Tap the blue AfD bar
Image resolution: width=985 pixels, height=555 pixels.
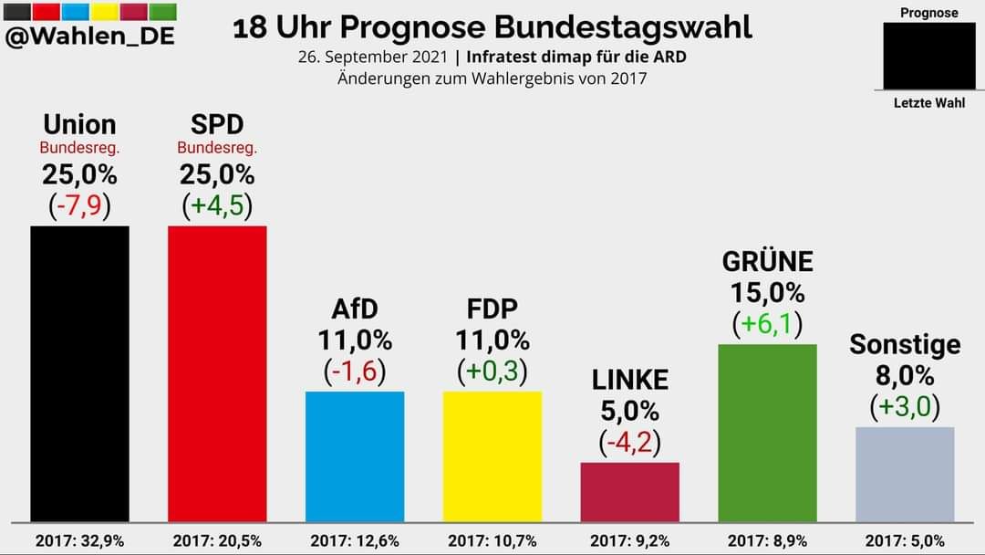[x=355, y=456]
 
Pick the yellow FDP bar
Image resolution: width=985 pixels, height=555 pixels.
[x=493, y=456]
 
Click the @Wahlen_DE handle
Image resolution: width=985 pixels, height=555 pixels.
[x=90, y=37]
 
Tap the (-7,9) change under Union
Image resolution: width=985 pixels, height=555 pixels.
[x=79, y=205]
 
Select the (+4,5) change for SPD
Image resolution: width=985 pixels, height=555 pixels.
[x=217, y=205]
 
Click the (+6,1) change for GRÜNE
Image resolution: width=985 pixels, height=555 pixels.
[x=768, y=324]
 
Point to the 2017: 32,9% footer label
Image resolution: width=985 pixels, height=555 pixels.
[x=79, y=540]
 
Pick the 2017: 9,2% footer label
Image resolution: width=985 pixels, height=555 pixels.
[x=630, y=540]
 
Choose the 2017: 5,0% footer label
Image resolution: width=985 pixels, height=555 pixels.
[x=905, y=540]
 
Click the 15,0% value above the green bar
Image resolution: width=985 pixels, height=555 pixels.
[x=768, y=293]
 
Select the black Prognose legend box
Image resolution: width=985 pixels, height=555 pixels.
[x=928, y=56]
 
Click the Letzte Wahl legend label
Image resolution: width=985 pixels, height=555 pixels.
[x=928, y=103]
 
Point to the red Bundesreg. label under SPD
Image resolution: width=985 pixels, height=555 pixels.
[x=217, y=147]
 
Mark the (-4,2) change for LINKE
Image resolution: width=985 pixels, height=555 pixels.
[x=630, y=443]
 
